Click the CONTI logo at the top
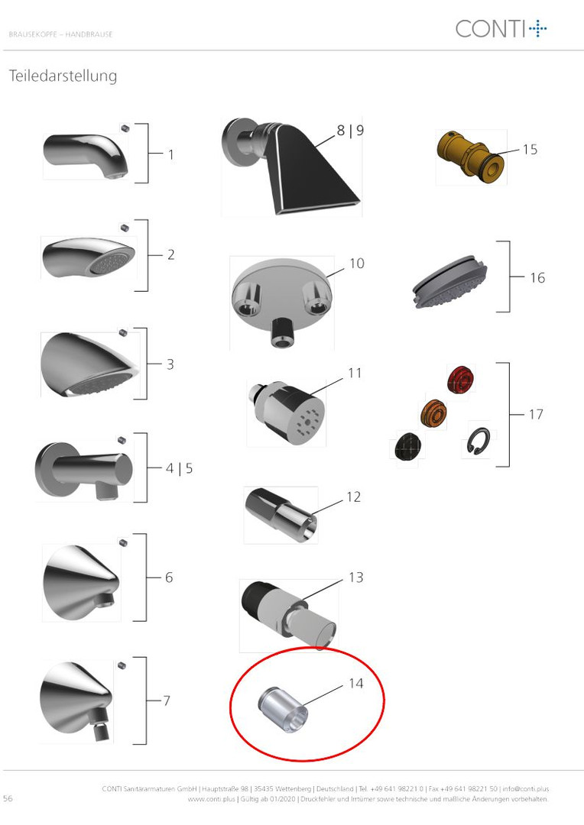pyautogui.click(x=501, y=28)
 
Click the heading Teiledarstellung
pyautogui.click(x=63, y=76)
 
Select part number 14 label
pyautogui.click(x=356, y=683)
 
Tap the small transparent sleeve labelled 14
pyautogui.click(x=283, y=709)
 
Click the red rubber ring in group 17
pyautogui.click(x=461, y=380)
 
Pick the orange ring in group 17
pyautogui.click(x=434, y=413)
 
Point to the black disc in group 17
pyautogui.click(x=408, y=446)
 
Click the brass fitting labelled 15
pyautogui.click(x=470, y=157)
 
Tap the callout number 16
pyautogui.click(x=537, y=278)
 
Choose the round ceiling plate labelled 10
pyautogui.click(x=282, y=302)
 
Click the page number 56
pyautogui.click(x=8, y=798)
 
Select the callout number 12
pyautogui.click(x=353, y=497)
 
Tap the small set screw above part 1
pyautogui.click(x=125, y=128)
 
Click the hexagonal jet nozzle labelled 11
pyautogui.click(x=287, y=413)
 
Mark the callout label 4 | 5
pyautogui.click(x=179, y=468)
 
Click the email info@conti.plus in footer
pyautogui.click(x=526, y=788)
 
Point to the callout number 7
pyautogui.click(x=167, y=700)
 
